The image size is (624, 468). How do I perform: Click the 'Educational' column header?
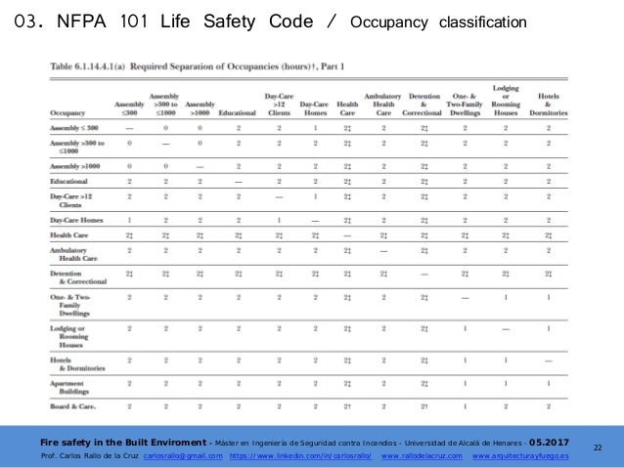click(238, 112)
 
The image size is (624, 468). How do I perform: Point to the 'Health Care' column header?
click(346, 108)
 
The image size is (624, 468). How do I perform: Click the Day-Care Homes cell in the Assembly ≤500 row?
click(314, 128)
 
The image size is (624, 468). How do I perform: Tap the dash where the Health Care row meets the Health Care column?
click(346, 235)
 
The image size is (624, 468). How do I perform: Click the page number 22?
click(599, 445)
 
